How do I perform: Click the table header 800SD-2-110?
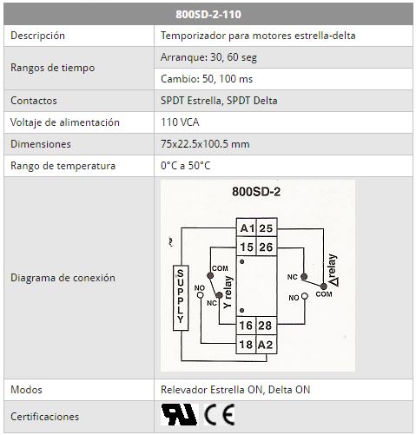pyautogui.click(x=208, y=14)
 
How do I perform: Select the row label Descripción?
pyautogui.click(x=37, y=36)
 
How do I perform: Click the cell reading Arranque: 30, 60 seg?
pyautogui.click(x=208, y=57)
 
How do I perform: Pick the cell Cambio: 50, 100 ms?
pyautogui.click(x=207, y=79)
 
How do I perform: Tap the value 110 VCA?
pyautogui.click(x=180, y=122)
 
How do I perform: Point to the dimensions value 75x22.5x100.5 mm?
pyautogui.click(x=205, y=144)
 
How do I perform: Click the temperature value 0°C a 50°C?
pyautogui.click(x=185, y=166)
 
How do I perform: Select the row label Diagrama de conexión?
pyautogui.click(x=63, y=278)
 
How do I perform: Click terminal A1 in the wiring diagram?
pyautogui.click(x=247, y=228)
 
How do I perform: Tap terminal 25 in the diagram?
pyautogui.click(x=266, y=228)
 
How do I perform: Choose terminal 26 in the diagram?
pyautogui.click(x=266, y=247)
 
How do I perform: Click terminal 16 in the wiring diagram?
pyautogui.click(x=246, y=326)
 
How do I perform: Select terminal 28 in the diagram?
pyautogui.click(x=266, y=326)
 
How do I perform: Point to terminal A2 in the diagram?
pyautogui.click(x=266, y=345)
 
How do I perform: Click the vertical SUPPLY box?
pyautogui.click(x=181, y=298)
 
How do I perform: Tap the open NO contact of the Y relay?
pyautogui.click(x=200, y=295)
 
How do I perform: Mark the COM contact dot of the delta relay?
pyautogui.click(x=324, y=287)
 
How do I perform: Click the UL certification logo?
pyautogui.click(x=179, y=414)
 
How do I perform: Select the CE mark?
pyautogui.click(x=220, y=415)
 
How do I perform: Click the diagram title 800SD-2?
pyautogui.click(x=256, y=192)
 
